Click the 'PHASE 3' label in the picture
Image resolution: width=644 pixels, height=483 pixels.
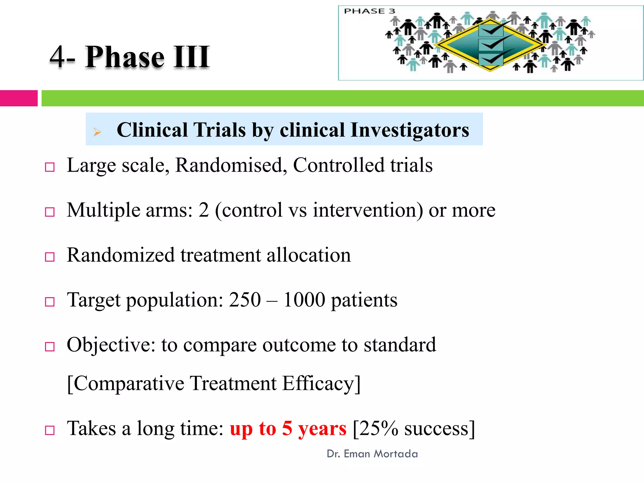(369, 11)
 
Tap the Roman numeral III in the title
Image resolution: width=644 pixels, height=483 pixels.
(192, 57)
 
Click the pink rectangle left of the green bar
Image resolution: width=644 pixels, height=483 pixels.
(19, 98)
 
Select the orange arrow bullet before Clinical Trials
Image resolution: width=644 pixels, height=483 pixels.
(97, 132)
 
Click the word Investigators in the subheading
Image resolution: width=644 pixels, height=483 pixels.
(409, 130)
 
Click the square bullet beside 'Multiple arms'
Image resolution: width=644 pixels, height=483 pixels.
(50, 212)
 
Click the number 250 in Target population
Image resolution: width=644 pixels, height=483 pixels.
(245, 300)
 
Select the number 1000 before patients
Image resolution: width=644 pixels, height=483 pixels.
(304, 300)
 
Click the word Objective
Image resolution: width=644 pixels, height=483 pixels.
(111, 345)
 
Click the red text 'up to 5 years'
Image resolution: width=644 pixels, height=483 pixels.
(288, 429)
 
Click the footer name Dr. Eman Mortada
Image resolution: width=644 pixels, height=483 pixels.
(372, 454)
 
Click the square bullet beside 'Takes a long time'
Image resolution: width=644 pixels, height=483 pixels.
(50, 430)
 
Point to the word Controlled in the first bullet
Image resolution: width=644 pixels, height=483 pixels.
(338, 165)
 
